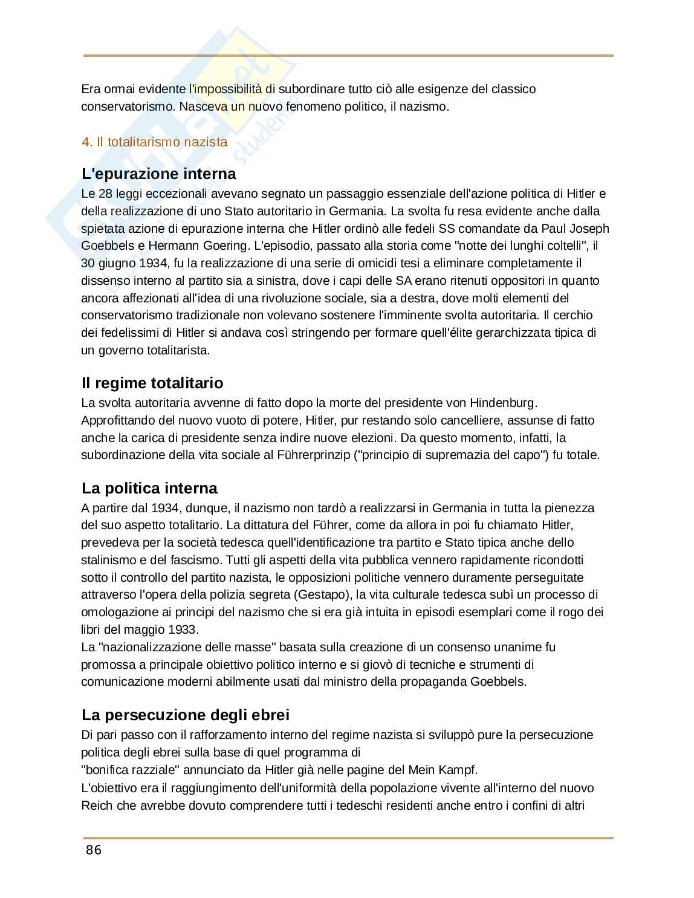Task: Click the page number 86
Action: pyautogui.click(x=94, y=850)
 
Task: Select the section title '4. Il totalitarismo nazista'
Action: pyautogui.click(x=155, y=142)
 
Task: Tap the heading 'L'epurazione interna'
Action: pyautogui.click(x=159, y=174)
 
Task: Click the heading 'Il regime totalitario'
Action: pyautogui.click(x=152, y=383)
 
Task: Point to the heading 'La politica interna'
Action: pyautogui.click(x=149, y=489)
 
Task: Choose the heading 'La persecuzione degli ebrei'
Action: pyautogui.click(x=186, y=715)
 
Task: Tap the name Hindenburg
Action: pyautogui.click(x=504, y=403)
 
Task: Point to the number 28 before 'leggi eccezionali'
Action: pyautogui.click(x=105, y=194)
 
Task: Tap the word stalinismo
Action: pyautogui.click(x=107, y=560)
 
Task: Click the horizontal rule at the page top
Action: pyautogui.click(x=348, y=56)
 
